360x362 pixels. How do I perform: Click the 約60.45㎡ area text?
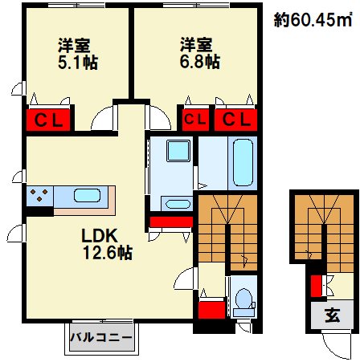click(313, 21)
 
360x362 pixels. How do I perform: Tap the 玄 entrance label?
click(330, 314)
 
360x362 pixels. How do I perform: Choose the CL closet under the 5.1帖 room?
click(50, 120)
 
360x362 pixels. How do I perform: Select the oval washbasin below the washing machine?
click(175, 201)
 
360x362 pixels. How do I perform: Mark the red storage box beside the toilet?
click(211, 311)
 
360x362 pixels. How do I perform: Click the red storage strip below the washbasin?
click(170, 222)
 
